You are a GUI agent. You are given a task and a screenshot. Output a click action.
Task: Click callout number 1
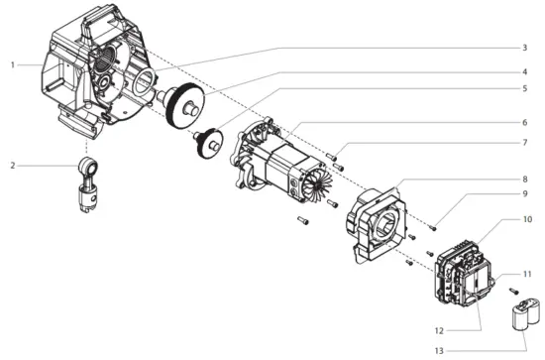13,65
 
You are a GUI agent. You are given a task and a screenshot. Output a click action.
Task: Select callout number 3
524,48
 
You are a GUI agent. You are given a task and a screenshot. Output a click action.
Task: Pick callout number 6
524,123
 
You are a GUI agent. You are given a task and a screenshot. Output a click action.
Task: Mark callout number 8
524,180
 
